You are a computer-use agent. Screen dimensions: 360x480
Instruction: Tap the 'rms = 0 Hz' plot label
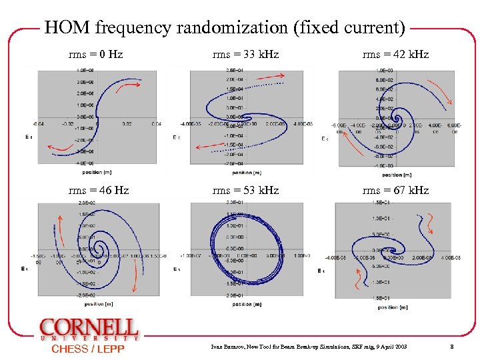95,54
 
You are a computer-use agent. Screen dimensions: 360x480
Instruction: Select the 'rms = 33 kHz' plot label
245,54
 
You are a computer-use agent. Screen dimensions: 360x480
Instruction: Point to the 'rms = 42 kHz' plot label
395,54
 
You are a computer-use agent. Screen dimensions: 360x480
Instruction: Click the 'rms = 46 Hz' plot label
99,191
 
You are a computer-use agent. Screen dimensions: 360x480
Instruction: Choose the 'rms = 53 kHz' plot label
245,191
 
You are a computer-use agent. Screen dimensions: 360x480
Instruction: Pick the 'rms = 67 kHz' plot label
395,191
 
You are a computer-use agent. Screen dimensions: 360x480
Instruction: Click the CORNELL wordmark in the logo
89,328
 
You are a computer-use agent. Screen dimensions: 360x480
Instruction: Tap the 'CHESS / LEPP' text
88,349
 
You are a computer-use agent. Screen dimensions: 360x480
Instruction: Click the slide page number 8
451,347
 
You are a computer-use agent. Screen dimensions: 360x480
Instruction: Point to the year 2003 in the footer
399,347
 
